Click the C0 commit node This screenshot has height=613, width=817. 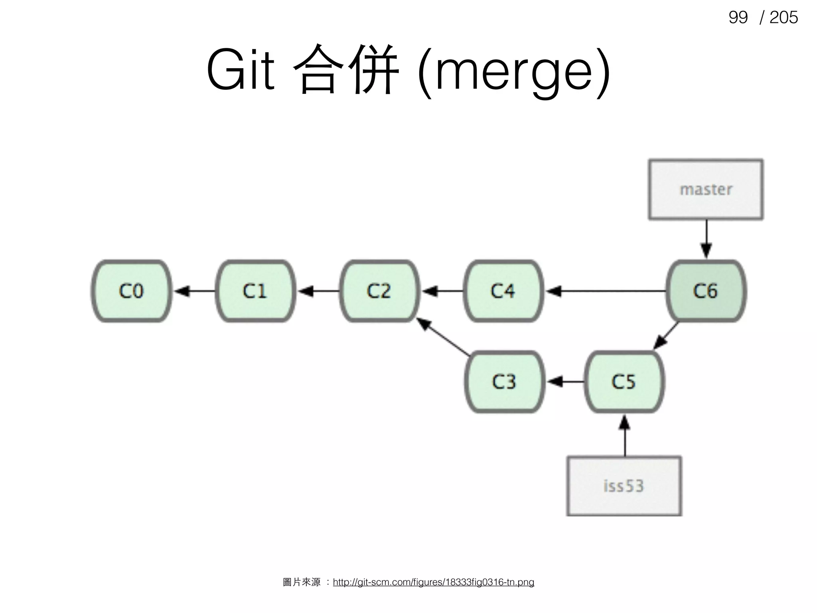coord(132,291)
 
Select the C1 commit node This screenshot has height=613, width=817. coord(255,291)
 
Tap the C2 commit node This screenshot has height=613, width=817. coord(379,291)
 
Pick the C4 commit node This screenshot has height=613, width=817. coord(503,291)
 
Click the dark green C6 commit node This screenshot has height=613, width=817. coord(706,291)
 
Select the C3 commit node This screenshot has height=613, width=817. coord(504,382)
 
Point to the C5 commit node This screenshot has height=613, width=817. coord(624,382)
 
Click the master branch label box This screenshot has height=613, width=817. coord(706,189)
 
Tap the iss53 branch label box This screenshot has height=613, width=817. coord(624,486)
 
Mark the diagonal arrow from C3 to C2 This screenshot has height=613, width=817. coord(444,336)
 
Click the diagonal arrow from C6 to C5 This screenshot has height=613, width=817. coord(666,335)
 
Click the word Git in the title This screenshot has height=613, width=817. coord(241,70)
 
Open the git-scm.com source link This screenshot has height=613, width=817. coord(433,582)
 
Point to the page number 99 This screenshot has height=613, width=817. coord(738,17)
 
